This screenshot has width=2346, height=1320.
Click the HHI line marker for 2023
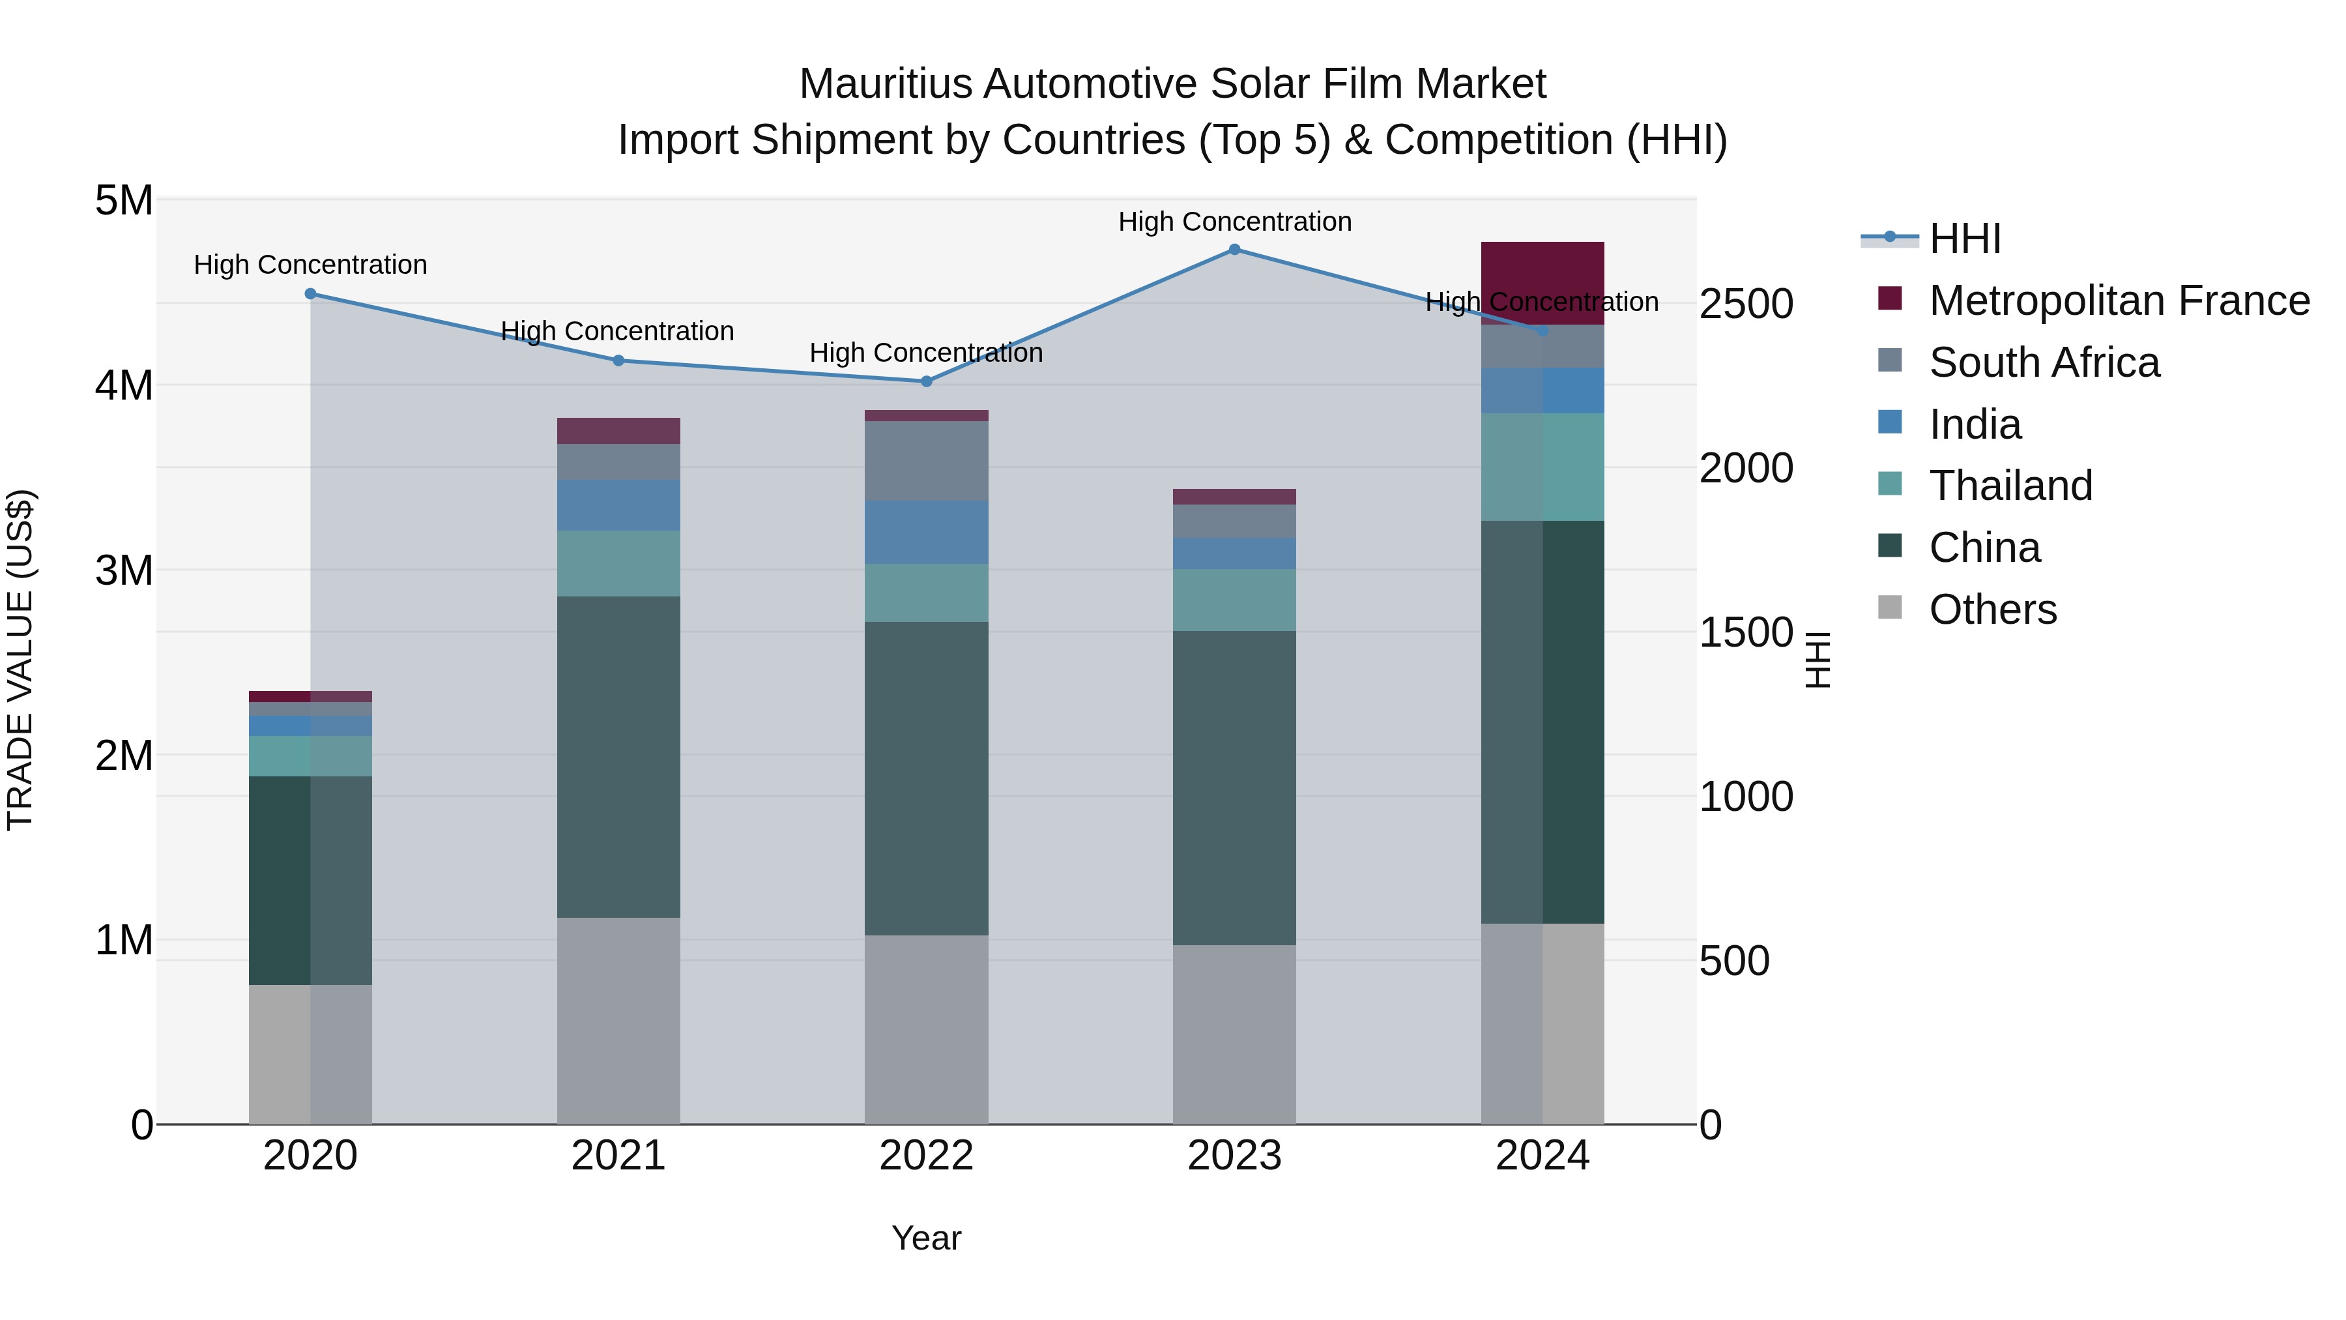point(1234,250)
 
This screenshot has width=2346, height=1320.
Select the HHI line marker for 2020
point(311,294)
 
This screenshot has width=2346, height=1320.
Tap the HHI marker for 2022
point(926,382)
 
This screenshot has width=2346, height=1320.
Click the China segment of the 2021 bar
point(618,756)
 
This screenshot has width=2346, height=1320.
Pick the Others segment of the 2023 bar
point(1234,1034)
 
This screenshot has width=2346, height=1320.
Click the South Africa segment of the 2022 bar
point(926,460)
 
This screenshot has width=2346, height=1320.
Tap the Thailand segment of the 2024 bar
point(1542,467)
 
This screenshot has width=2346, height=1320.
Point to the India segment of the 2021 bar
point(618,506)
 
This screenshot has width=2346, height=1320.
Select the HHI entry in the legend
point(1964,239)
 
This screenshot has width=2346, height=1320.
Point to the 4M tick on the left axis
point(124,385)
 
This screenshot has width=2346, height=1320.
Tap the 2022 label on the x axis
point(926,1156)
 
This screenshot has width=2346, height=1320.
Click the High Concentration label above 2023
point(1234,222)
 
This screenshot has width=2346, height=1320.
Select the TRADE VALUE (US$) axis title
point(20,660)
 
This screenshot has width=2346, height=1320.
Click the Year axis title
point(926,1238)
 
